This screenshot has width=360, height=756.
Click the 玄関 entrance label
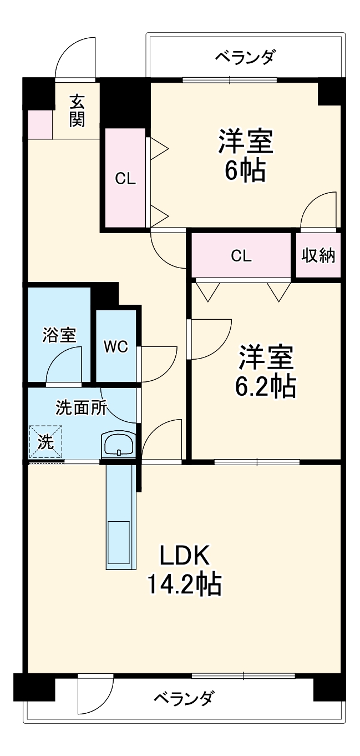click(77, 110)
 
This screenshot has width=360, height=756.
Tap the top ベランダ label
click(244, 57)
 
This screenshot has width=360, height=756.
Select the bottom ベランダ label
click(183, 697)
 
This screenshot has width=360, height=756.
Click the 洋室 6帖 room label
click(245, 156)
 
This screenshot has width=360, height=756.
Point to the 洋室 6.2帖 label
click(265, 371)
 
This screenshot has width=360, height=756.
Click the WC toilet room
click(116, 346)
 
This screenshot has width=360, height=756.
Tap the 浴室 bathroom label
click(59, 335)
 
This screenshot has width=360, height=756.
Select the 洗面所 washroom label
click(81, 408)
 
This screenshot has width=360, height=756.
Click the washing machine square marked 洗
click(45, 442)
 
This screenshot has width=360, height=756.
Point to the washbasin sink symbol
click(118, 444)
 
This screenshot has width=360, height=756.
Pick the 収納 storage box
click(318, 255)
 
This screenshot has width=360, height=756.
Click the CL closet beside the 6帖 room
click(125, 178)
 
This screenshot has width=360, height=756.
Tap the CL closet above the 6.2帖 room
click(241, 255)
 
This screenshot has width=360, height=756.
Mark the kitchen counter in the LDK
click(120, 516)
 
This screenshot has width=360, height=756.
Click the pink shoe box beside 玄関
click(39, 125)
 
